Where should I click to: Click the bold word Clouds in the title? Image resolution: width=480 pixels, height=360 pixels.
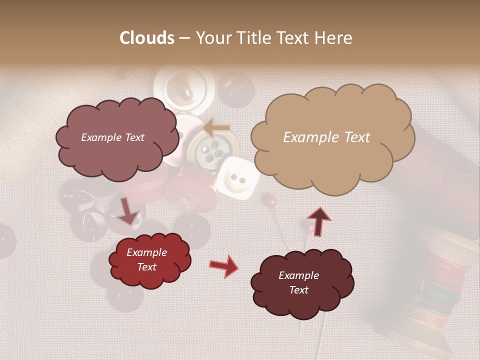147,38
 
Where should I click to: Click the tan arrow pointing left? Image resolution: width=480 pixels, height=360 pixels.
216,128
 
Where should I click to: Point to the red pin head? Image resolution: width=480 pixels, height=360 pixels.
271,201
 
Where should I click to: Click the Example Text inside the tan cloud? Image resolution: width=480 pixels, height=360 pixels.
326,137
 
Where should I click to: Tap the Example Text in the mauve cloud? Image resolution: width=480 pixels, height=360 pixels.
112,137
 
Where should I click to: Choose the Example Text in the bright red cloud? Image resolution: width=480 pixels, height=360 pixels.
146,259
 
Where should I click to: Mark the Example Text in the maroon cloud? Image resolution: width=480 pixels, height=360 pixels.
298,282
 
